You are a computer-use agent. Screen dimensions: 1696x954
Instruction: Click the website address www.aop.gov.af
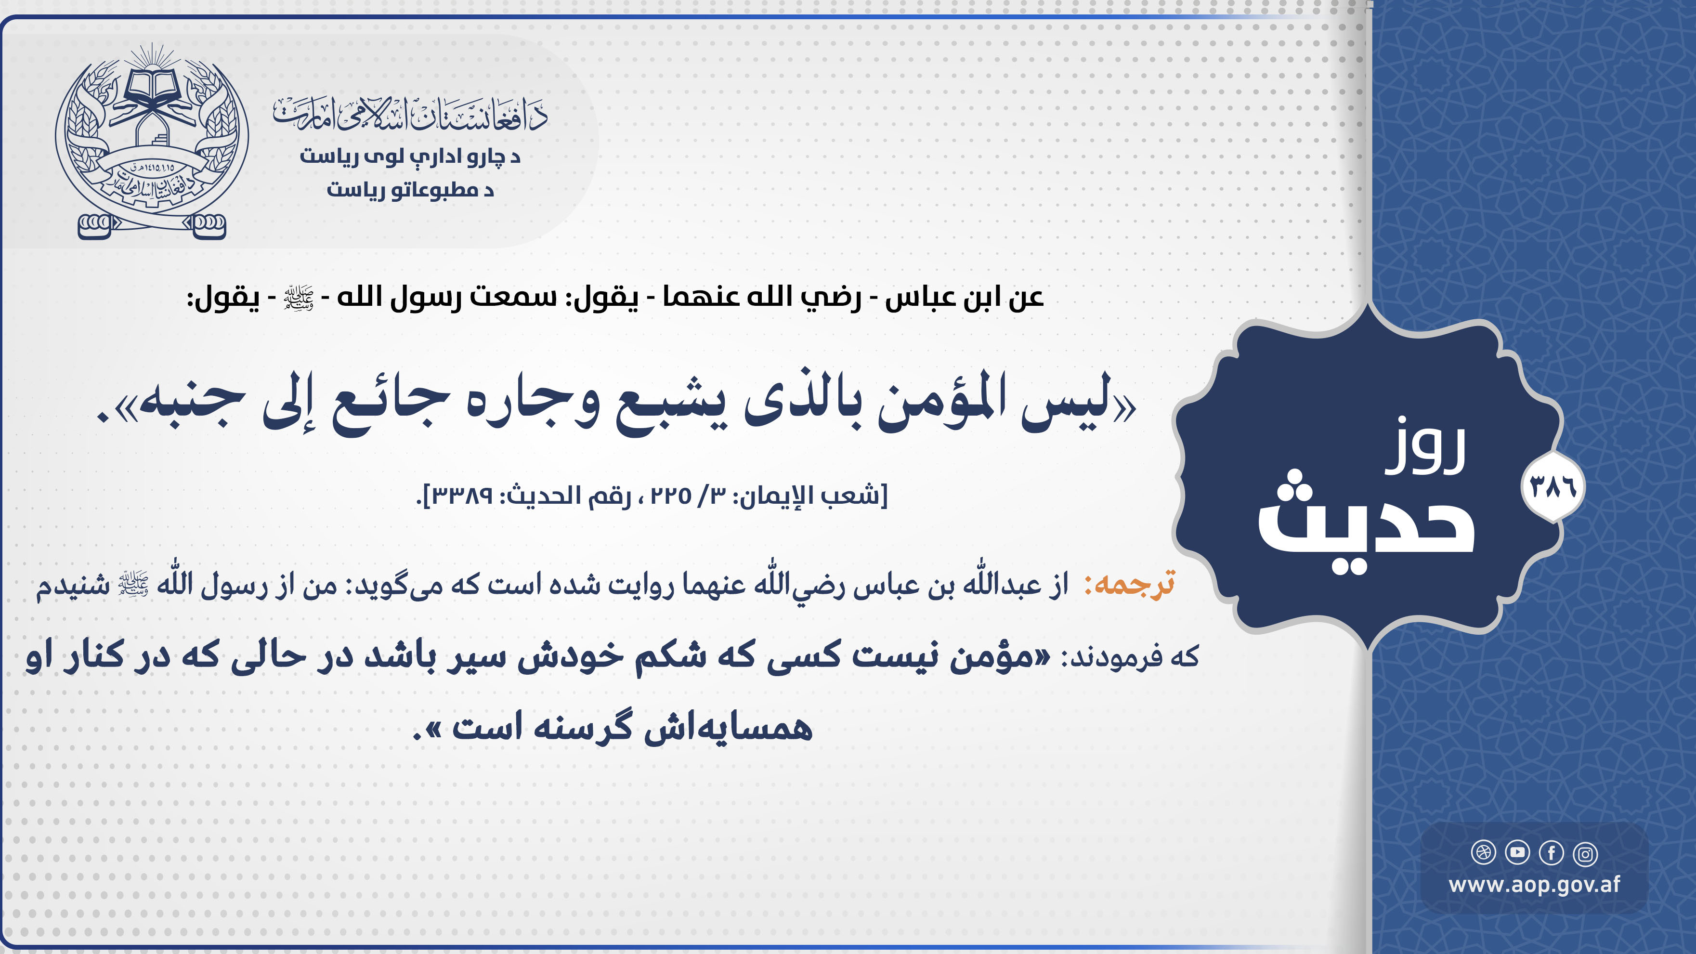[1534, 885]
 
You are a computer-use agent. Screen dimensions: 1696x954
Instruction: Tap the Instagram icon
[1585, 854]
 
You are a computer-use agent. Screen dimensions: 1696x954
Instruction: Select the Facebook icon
[1551, 853]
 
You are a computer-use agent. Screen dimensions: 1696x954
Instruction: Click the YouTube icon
[1517, 852]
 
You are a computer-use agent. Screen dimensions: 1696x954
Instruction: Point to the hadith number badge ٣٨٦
[1553, 488]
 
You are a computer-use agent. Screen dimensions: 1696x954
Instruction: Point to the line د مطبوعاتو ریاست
[410, 190]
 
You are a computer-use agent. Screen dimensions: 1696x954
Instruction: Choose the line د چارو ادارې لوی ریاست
[410, 157]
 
